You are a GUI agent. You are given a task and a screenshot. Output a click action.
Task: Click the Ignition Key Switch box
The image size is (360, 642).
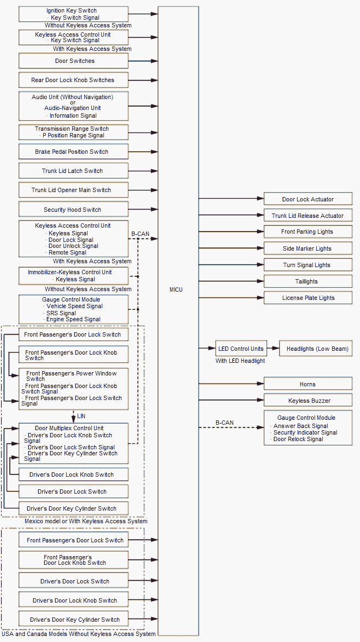[x=73, y=14]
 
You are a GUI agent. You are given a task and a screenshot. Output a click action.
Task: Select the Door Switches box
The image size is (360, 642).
[x=73, y=61]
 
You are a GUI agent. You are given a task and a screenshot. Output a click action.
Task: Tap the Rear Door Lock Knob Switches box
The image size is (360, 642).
[x=73, y=80]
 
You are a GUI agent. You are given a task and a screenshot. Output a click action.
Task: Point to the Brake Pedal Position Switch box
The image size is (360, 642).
[x=73, y=152]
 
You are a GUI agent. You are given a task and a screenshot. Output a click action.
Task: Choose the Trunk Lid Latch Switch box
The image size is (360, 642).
[x=73, y=171]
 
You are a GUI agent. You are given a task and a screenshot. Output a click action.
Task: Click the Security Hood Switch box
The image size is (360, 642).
[x=73, y=210]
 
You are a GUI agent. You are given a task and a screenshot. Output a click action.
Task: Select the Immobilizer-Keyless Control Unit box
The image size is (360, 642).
[x=73, y=276]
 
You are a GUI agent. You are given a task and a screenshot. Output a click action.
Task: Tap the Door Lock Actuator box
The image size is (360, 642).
[x=307, y=199]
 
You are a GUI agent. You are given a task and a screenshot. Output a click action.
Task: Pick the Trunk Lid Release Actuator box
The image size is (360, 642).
[x=307, y=216]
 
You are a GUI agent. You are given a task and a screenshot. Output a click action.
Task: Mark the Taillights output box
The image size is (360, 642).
[x=307, y=281]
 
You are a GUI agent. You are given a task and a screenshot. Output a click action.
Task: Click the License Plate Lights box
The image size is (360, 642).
[x=307, y=298]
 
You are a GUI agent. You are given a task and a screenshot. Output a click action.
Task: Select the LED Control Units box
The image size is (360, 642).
[x=241, y=349]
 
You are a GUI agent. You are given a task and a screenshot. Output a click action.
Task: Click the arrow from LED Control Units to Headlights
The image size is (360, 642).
[x=272, y=349]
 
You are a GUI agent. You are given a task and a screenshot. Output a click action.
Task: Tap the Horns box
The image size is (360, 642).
[x=307, y=384]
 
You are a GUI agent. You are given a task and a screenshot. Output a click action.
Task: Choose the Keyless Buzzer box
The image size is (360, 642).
[x=307, y=401]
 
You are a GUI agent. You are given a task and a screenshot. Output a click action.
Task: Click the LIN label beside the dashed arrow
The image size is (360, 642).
[x=81, y=417]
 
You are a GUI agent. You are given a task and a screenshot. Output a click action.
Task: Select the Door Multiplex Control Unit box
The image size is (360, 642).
[x=73, y=443]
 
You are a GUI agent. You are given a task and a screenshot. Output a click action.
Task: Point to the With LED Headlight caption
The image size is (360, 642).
[x=240, y=361]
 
